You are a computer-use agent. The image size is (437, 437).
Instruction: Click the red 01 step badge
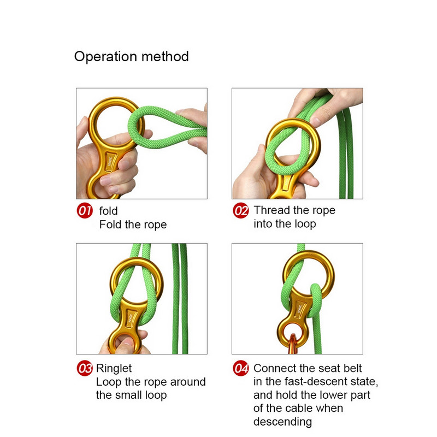coord(85,210)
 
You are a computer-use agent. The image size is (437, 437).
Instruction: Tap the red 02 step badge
coord(240,210)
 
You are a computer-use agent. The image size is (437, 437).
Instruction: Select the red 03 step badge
coord(85,368)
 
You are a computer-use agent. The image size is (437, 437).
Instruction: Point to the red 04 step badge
coord(240,368)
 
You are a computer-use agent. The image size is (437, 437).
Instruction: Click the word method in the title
coord(165,56)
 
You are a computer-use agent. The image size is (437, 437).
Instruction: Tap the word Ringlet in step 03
coord(114,369)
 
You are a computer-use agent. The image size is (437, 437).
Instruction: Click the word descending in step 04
coord(282,422)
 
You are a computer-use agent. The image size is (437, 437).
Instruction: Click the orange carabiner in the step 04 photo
coord(293,344)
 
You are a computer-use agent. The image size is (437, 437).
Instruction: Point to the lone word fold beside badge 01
coord(108,211)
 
